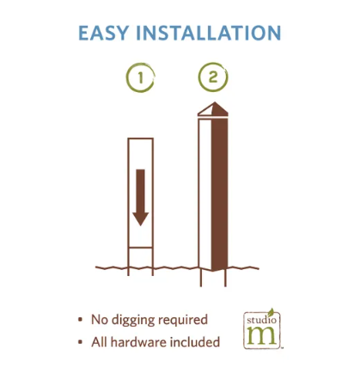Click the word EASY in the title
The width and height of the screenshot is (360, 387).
click(x=103, y=33)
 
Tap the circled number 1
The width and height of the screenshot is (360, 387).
click(x=140, y=77)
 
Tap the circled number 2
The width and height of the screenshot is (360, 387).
click(x=213, y=77)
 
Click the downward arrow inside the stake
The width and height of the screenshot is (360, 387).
click(x=140, y=197)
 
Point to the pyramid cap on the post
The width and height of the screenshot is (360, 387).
click(x=213, y=109)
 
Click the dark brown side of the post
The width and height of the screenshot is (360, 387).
click(x=220, y=194)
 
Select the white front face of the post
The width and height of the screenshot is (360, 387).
click(x=205, y=193)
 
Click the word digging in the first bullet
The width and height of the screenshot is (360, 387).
click(x=133, y=320)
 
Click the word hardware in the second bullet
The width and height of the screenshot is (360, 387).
click(x=138, y=342)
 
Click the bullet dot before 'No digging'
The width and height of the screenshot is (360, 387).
click(x=80, y=319)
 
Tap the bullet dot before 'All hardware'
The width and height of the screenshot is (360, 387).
click(x=80, y=341)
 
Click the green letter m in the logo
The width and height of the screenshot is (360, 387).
click(x=262, y=335)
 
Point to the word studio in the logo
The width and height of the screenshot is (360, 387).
click(x=261, y=320)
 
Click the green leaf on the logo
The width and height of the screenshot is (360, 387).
click(x=271, y=312)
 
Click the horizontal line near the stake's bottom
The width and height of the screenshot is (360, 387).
click(x=140, y=248)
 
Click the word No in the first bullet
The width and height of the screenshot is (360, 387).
click(x=100, y=320)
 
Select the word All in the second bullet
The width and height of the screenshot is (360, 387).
click(x=100, y=342)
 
